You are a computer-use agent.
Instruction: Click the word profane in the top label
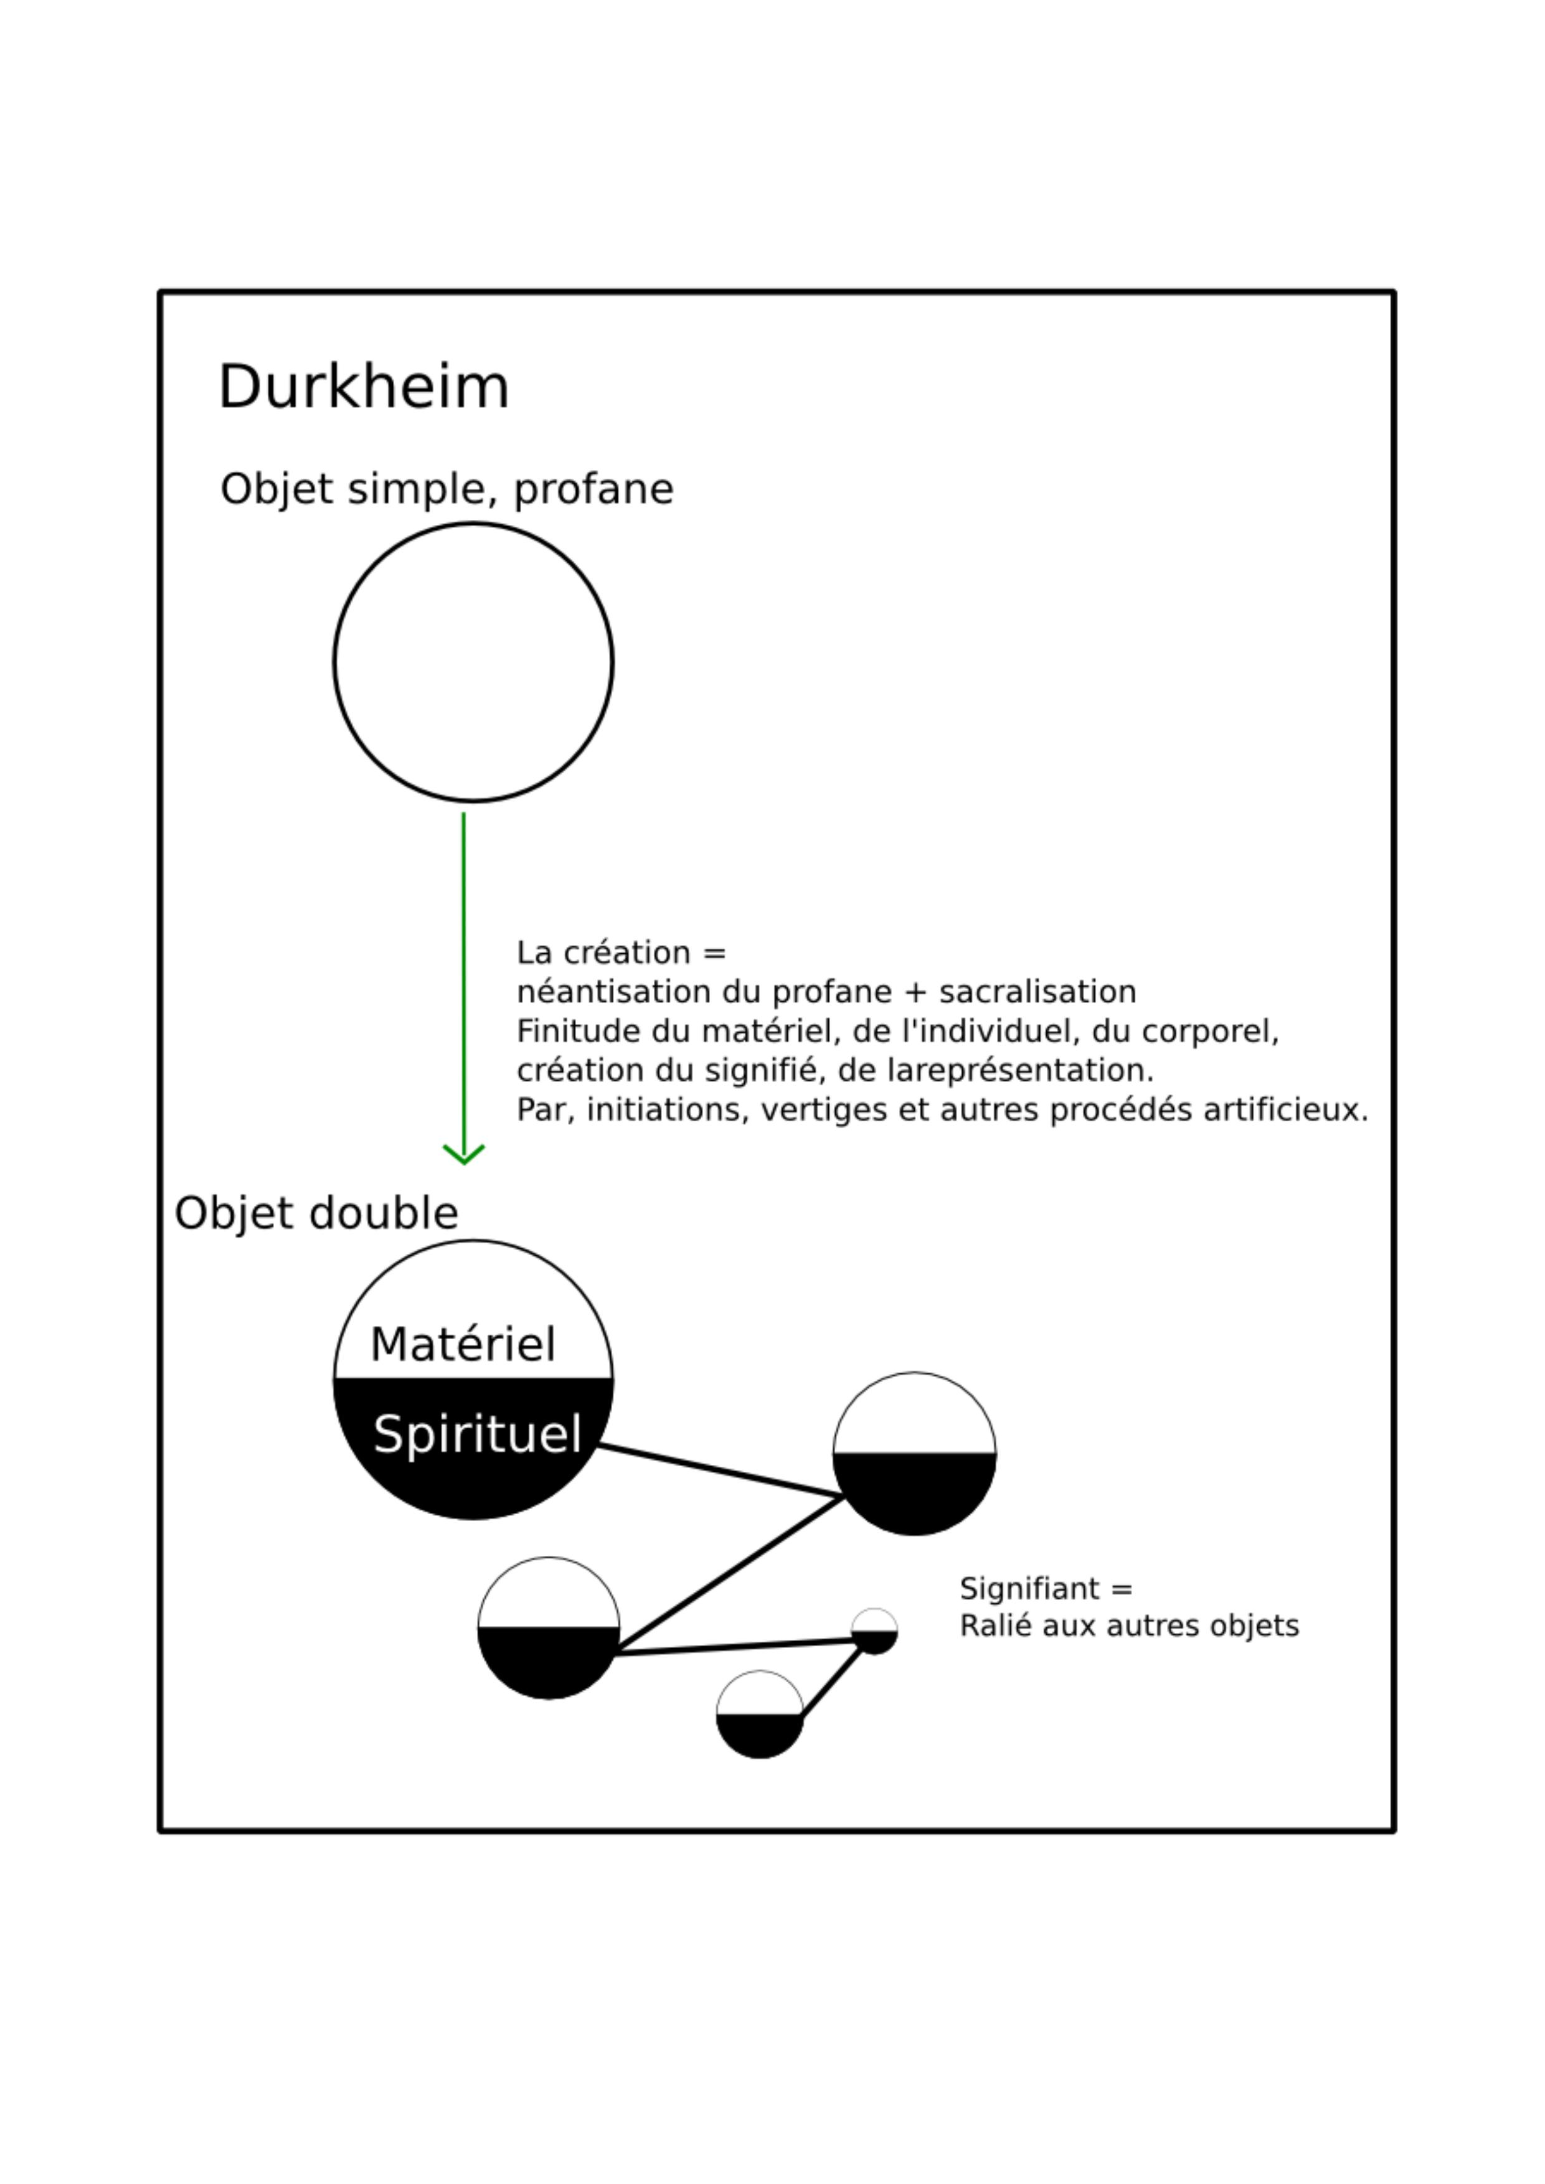[x=593, y=491]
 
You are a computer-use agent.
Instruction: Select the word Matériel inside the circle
[x=462, y=1344]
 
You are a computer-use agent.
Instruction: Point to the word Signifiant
[x=1031, y=1589]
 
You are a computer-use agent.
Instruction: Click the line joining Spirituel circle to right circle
[x=720, y=1472]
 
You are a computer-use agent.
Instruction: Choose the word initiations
[x=665, y=1110]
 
